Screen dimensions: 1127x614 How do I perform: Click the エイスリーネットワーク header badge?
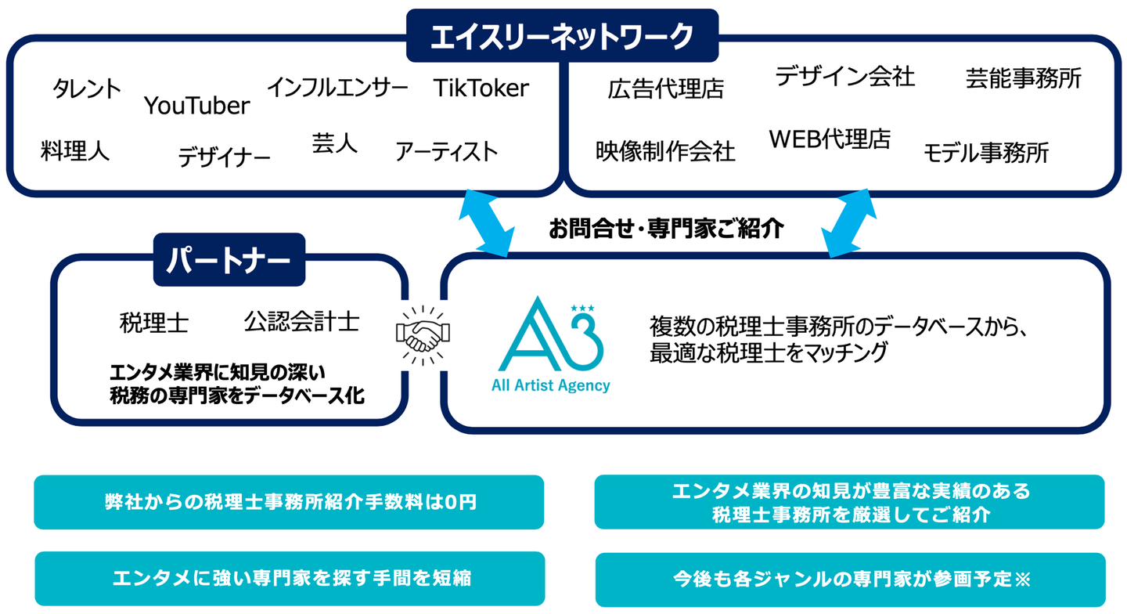[562, 35]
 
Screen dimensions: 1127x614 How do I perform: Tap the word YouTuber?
[196, 106]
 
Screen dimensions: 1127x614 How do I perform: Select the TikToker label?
[481, 88]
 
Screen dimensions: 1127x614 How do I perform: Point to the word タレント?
[87, 88]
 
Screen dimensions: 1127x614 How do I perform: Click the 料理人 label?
[75, 150]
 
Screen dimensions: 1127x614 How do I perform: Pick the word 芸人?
[335, 143]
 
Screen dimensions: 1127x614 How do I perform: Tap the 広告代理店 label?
[665, 89]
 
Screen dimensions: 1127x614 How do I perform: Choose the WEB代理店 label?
[830, 139]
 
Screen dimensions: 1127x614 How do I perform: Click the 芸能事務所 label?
[1024, 78]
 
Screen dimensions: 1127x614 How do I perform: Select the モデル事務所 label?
[986, 153]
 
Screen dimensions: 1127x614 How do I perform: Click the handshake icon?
[423, 335]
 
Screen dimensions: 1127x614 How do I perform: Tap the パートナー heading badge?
[229, 260]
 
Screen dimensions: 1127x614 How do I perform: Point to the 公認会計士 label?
[302, 322]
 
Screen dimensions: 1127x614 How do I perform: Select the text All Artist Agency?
[551, 385]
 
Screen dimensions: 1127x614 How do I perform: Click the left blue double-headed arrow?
[487, 223]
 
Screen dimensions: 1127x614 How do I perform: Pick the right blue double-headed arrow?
[848, 223]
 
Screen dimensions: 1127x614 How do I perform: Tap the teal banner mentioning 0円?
[289, 502]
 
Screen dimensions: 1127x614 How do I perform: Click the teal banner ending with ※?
[850, 580]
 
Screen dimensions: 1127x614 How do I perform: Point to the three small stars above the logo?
[582, 308]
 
